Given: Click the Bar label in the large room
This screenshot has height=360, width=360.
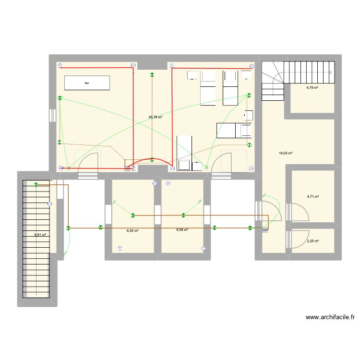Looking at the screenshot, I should coord(87,83).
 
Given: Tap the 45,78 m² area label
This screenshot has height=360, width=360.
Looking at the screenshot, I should coord(156,117).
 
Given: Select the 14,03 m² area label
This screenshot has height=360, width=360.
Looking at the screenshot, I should coord(286,154).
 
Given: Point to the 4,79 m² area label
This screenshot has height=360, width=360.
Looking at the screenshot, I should coord(313,88).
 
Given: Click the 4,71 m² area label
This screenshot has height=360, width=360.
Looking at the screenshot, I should coord(313,196).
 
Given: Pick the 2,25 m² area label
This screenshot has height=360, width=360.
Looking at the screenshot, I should coord(313,241).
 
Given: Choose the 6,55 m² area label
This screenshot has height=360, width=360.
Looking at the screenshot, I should coord(132,230).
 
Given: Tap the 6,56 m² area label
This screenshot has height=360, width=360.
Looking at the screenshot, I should coord(182,230).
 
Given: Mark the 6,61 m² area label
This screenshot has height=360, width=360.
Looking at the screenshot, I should coord(40,235).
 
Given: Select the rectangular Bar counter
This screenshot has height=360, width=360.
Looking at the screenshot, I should coord(87,83).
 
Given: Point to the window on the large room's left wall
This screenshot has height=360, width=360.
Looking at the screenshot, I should coord(52,117).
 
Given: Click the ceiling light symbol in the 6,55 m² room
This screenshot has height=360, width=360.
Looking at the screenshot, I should coord(133,215).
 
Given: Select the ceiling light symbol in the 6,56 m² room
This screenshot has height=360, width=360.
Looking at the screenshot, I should coord(183,215).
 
